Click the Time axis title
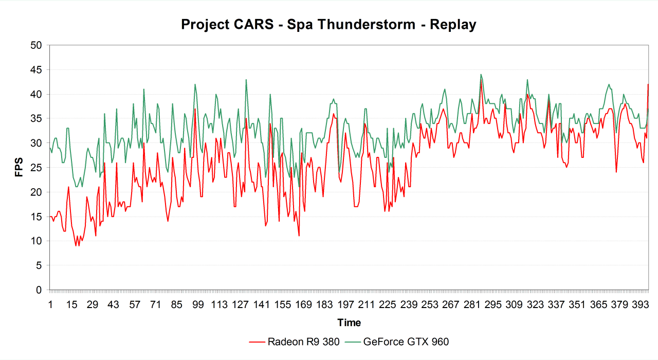[x=349, y=323]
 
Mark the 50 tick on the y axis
[x=35, y=45]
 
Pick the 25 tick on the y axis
[x=35, y=168]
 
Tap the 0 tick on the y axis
[x=38, y=290]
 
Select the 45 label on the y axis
[x=35, y=70]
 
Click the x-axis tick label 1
[x=50, y=305]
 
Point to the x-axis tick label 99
[x=198, y=305]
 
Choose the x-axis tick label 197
[x=345, y=305]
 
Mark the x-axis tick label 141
[x=261, y=305]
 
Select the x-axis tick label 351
[x=577, y=305]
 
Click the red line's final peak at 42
[x=648, y=84]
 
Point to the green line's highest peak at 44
[x=481, y=75]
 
